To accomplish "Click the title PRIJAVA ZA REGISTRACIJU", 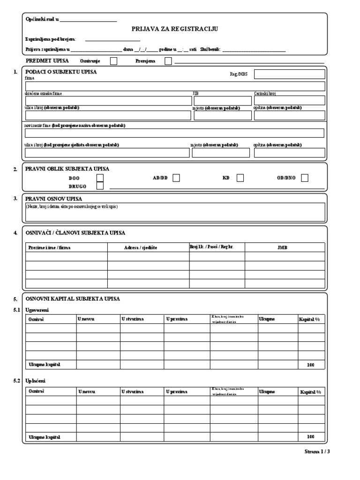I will coord(174,29).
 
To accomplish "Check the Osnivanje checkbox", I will coord(113,61).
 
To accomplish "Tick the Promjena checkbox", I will coord(168,61).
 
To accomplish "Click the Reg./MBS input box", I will coord(289,74).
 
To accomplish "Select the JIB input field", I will coord(222,100).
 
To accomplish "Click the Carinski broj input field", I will coord(289,100).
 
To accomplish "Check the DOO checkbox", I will coord(100,178).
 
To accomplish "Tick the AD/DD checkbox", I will coord(176,178).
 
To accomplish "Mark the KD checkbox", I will coord(240,178).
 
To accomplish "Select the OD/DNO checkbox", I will coord(305,178).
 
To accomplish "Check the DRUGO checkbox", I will coord(100,186).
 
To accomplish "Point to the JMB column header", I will coord(283,247).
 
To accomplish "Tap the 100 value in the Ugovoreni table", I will coord(310,365).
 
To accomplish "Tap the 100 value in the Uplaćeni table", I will coord(310,437).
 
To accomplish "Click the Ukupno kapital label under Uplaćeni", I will coord(45,437).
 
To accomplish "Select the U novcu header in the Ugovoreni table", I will coord(86,319).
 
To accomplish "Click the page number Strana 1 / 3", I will coord(321,452).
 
